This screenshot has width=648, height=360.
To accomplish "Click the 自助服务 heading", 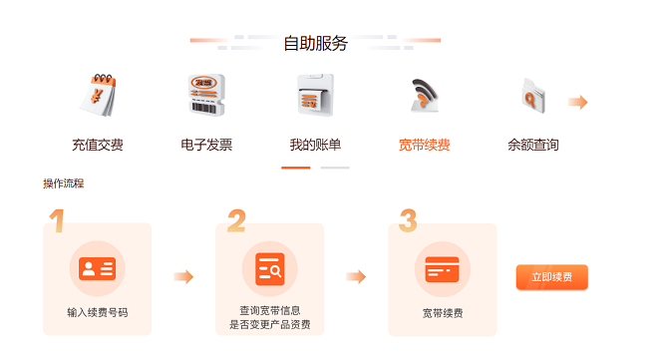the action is point(315,44).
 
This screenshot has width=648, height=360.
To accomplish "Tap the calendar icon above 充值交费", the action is point(98,95).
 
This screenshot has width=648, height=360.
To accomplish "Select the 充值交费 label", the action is point(98,145).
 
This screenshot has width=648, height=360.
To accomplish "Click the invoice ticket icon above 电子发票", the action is point(206,95).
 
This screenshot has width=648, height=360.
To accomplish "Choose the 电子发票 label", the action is point(206,145).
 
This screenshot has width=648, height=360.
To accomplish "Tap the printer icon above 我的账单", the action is point(315,95).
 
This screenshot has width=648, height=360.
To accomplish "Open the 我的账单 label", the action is point(315,145).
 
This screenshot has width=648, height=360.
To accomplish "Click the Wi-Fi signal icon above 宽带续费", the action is point(424,96).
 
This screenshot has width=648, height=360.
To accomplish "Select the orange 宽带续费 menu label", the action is point(424,145).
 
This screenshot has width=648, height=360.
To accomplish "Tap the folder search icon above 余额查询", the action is point(533,96).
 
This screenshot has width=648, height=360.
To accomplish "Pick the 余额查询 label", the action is point(533,145).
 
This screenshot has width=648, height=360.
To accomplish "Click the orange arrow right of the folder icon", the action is point(578,102).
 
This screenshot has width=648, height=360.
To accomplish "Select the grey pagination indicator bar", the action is point(335,168).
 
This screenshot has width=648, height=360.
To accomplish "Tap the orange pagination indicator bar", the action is point(296,168).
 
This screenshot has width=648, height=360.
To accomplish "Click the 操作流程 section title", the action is point(64,183).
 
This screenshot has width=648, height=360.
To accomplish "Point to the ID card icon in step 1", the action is point(97,268).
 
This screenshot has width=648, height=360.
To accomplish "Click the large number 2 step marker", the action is point(237,220).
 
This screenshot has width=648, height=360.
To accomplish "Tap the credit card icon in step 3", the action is point(443,269).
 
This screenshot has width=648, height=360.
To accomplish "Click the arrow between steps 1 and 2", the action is point(183,276).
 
